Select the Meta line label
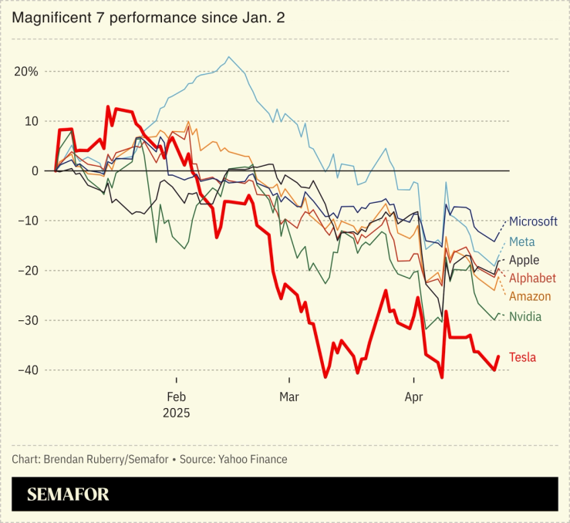521,242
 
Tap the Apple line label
524,261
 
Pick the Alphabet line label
532,278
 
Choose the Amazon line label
530,296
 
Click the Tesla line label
522,357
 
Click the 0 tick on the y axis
34,171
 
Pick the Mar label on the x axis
289,397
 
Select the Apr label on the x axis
414,397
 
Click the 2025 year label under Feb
176,413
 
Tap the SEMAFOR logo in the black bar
68,494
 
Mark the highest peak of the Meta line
228,57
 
